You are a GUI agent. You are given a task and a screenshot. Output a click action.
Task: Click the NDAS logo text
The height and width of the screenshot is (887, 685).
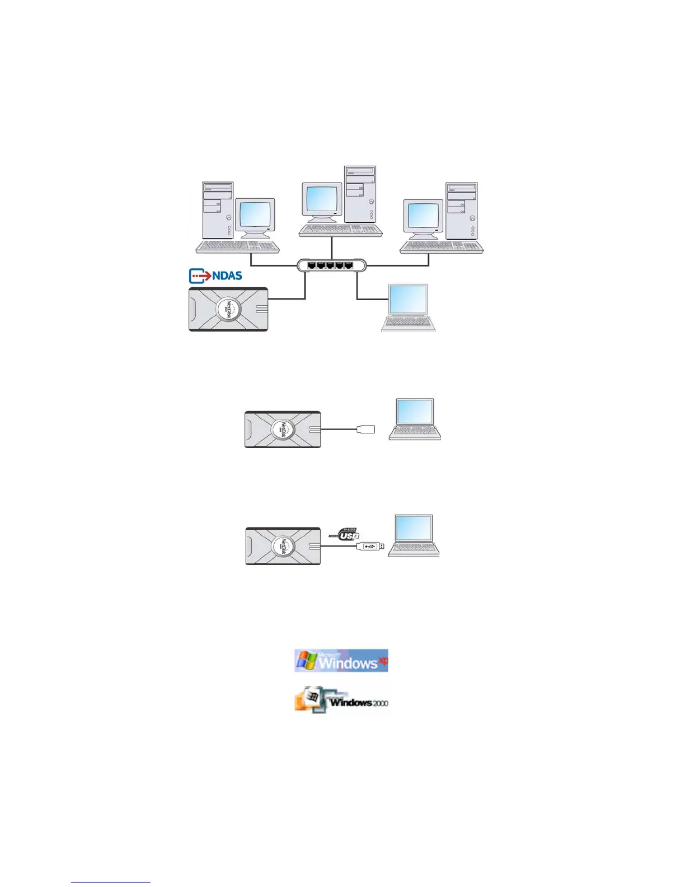coord(227,276)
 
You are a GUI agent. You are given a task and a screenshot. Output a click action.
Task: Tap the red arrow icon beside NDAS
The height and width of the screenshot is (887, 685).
coord(200,276)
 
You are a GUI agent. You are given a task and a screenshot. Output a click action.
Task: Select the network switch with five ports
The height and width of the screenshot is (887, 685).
coord(331,265)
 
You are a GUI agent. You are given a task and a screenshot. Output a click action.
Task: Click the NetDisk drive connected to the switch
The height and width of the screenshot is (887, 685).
coord(228,309)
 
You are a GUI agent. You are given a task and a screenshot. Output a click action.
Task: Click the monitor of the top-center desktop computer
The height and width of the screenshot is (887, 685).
coord(321,200)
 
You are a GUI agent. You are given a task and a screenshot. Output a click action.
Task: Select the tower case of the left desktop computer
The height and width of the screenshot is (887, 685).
coord(218,210)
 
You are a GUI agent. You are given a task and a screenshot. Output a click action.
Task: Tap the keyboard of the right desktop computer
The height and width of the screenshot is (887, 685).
coord(442,247)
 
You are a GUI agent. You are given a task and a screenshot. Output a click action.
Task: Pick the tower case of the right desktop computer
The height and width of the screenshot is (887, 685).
coord(462,210)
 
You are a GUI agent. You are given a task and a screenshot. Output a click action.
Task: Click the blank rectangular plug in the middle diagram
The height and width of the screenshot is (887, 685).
coord(365,430)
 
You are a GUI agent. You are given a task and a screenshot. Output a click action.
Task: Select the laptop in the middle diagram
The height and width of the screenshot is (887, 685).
coord(415,419)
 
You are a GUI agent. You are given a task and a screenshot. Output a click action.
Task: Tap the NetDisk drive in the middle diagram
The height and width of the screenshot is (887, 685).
coord(283,429)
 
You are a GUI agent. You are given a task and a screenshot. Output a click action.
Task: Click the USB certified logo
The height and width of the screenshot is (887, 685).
coord(345,534)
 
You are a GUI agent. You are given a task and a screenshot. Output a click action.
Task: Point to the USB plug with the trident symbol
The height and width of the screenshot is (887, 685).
coord(370,546)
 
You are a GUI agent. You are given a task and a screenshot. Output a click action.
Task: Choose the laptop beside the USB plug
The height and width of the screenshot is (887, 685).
coord(414,535)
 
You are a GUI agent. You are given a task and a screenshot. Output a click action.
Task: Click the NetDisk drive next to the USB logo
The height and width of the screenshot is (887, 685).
coord(283,545)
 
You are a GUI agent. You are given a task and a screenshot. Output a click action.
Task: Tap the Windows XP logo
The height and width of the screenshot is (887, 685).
coord(341,661)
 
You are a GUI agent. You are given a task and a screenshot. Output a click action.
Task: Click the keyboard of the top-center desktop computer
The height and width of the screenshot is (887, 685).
coord(340,230)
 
